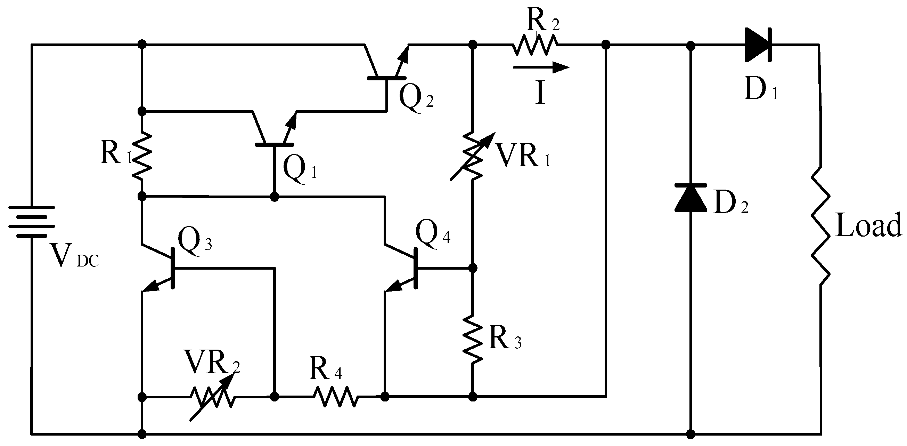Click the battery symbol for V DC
coord(32,221)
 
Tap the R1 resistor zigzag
coord(141,155)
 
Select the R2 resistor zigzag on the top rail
coord(534,45)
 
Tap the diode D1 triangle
coord(757,45)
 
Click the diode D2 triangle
coord(691,198)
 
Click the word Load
coord(868,226)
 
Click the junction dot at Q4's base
coord(473,268)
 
